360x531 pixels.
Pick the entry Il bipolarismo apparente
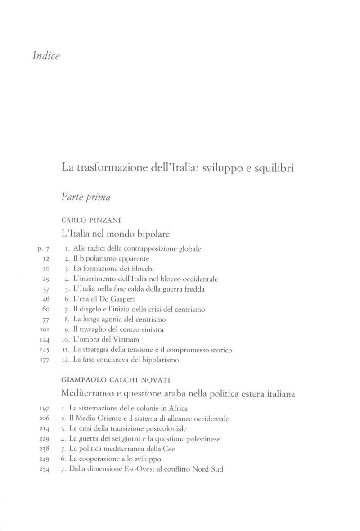tap(106, 259)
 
